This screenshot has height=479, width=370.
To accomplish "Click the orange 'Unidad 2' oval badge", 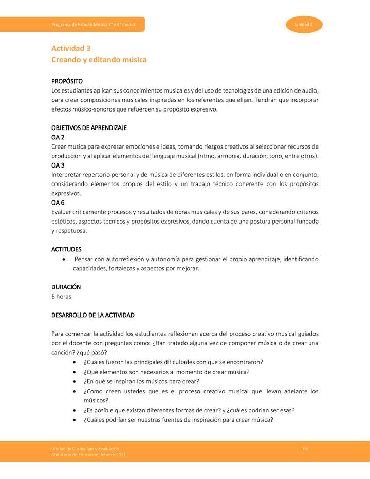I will coord(304,25).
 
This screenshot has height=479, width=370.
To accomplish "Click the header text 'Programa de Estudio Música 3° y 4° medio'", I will coord(93,25).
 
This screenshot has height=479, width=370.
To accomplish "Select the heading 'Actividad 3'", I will coord(71,48).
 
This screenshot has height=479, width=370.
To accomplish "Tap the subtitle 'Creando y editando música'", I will coord(99,60).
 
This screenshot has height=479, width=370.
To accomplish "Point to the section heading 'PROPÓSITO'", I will coord(67,81).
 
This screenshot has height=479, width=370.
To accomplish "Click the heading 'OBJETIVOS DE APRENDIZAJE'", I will coord(89,127).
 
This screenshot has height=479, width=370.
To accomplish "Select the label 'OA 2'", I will coord(58,137).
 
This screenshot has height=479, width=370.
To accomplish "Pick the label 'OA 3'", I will coord(58,165).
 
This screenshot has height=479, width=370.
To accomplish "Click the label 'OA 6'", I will coord(58,202).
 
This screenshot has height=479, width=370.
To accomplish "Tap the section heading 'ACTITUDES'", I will coord(66,249).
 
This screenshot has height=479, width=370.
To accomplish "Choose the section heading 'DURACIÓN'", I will coord(66,287).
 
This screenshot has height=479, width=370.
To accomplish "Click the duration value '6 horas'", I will coord(61,297).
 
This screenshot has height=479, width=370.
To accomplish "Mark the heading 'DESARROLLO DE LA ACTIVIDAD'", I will coord(93,315).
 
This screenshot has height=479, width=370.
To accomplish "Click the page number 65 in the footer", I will coord(305,449).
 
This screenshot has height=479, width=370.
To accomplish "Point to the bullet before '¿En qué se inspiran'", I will coord(76,381).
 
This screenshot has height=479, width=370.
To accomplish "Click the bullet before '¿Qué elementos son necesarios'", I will coord(76,372).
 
